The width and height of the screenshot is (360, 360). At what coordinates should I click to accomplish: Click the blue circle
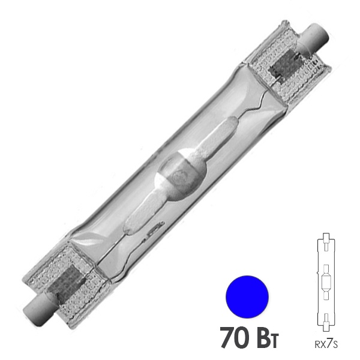[x=247, y=296]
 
